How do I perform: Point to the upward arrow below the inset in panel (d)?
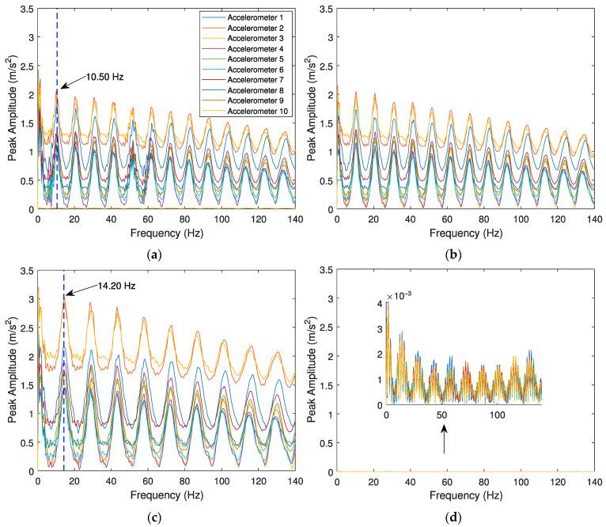pos(444,439)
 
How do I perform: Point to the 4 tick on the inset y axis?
pos(381,304)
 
